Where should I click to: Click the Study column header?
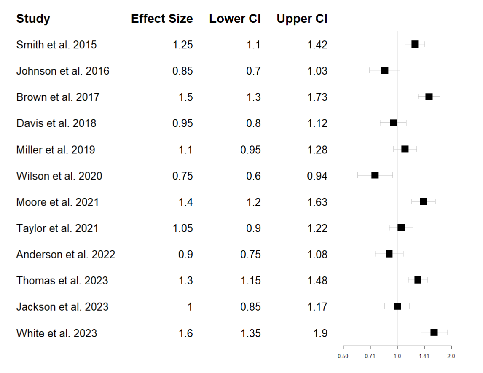(x=33, y=19)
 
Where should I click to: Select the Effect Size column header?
(x=162, y=19)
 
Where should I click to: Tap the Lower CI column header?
(x=235, y=19)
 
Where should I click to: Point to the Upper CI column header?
(x=302, y=19)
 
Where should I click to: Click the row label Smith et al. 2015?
(x=56, y=45)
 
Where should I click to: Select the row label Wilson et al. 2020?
(x=59, y=176)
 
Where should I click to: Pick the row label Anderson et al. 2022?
(x=66, y=255)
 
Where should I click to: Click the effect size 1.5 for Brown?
(x=186, y=97)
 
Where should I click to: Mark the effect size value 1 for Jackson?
(x=190, y=307)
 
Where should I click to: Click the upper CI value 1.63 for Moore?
(x=317, y=202)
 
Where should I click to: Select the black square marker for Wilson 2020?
(x=375, y=175)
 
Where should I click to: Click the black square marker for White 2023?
(x=434, y=333)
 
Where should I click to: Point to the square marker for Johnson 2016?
(x=384, y=70)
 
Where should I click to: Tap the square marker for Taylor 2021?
(x=401, y=228)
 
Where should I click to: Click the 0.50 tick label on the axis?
(x=343, y=356)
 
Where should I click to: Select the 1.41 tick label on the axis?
(x=424, y=356)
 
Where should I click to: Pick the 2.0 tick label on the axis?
(x=451, y=356)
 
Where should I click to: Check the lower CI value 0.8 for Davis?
(x=253, y=123)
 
